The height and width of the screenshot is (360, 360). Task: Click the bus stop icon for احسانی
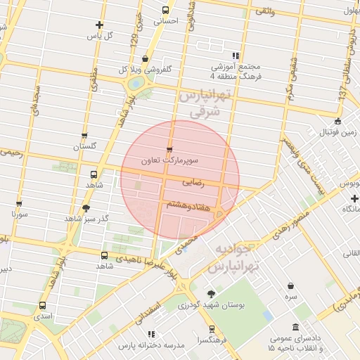(x=166, y=10)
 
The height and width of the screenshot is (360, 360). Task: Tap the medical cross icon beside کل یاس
(x=99, y=25)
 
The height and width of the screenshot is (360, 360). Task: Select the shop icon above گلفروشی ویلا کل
(x=145, y=59)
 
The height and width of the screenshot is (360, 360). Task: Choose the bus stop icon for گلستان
(x=84, y=136)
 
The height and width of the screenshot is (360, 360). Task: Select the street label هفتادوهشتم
(x=186, y=204)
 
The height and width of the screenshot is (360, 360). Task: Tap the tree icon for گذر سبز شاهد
(x=86, y=208)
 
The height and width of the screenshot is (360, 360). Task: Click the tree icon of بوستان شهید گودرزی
(x=211, y=294)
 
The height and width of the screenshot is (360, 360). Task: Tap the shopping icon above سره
(x=291, y=285)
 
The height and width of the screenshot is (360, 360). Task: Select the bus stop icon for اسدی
(x=43, y=306)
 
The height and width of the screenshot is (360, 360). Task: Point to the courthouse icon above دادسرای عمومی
(x=295, y=327)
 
